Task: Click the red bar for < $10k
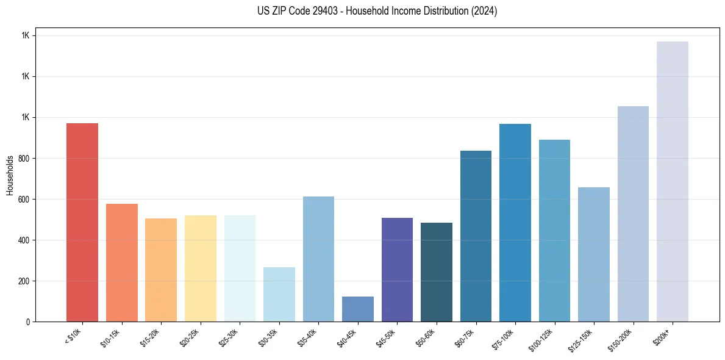pyautogui.click(x=82, y=223)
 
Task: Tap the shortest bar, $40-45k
pyautogui.click(x=358, y=309)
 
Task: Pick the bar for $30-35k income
pyautogui.click(x=279, y=295)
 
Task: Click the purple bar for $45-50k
pyautogui.click(x=397, y=270)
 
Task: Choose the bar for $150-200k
pyautogui.click(x=633, y=214)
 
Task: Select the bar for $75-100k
pyautogui.click(x=515, y=223)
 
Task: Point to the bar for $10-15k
pyautogui.click(x=122, y=262)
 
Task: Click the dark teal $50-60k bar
pyautogui.click(x=437, y=272)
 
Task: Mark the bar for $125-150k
pyautogui.click(x=594, y=254)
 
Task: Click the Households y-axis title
pyautogui.click(x=10, y=175)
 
